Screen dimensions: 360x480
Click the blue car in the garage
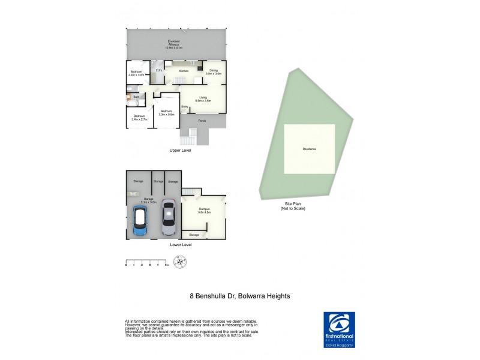pos(141,223)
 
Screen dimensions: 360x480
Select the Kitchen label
pos(183,71)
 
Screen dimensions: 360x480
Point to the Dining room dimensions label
pos(214,74)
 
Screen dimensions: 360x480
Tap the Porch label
pos(202,121)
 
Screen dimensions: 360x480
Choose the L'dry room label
pos(159,71)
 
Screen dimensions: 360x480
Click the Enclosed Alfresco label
pos(175,43)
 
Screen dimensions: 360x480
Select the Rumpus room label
pos(205,210)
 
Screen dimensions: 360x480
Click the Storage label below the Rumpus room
pos(194,235)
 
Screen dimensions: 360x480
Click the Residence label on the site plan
pos(309,149)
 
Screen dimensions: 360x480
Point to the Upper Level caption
pos(179,151)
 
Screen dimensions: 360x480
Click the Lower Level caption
pos(180,245)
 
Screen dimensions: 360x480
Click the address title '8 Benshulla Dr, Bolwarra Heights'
pos(240,296)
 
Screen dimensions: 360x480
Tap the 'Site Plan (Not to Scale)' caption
pos(295,206)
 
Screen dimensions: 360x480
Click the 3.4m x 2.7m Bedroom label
pos(139,118)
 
